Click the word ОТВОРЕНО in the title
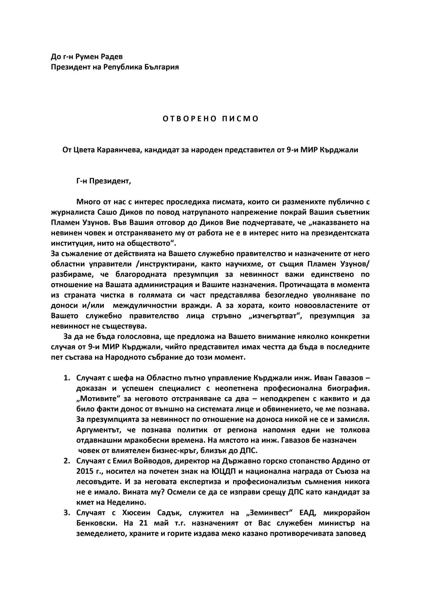click(x=184, y=119)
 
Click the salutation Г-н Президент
click(x=103, y=181)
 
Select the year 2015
click(x=85, y=472)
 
